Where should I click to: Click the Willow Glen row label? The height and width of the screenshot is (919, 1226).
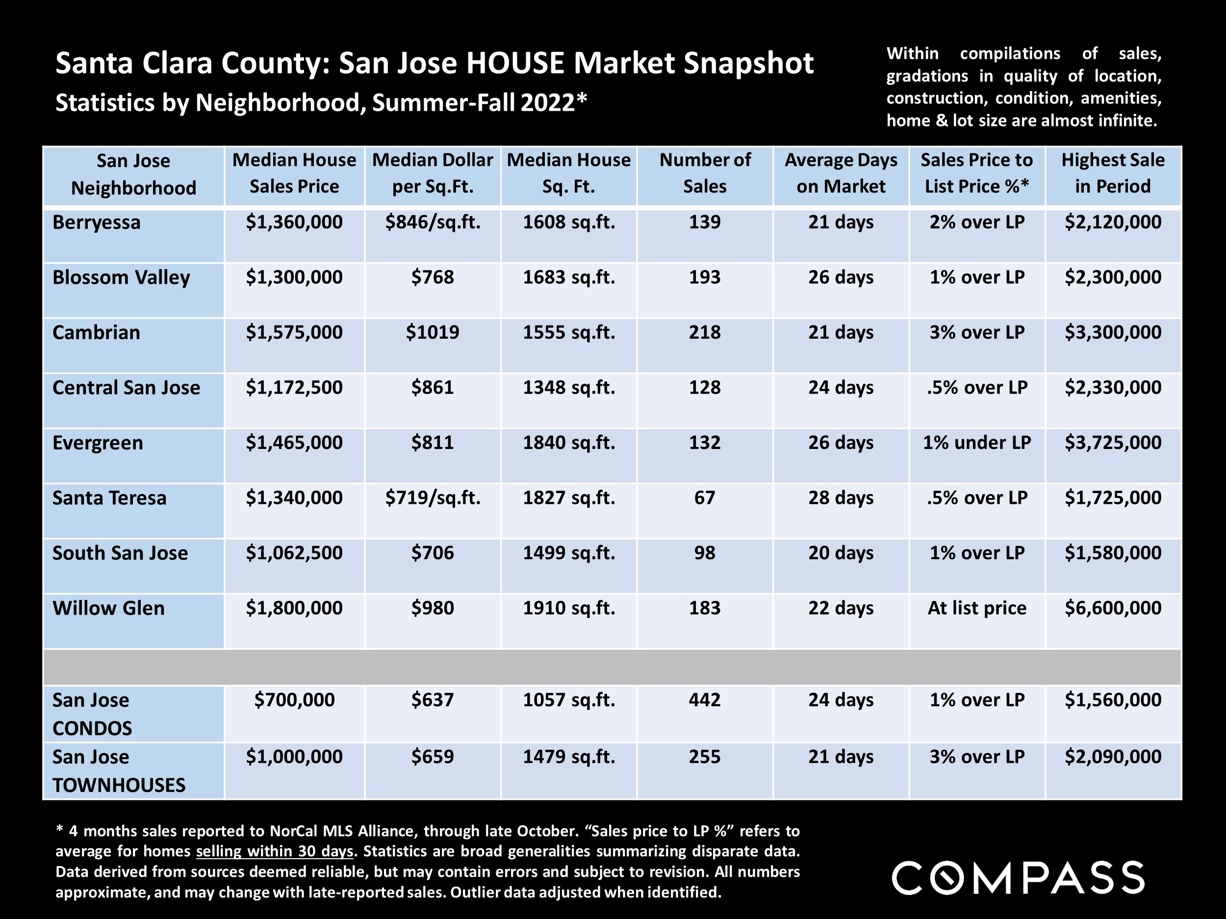tap(109, 608)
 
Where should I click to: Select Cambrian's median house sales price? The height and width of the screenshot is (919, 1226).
tap(294, 332)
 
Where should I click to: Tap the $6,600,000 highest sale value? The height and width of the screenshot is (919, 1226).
tap(1112, 608)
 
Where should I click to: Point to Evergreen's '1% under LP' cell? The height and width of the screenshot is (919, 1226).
tap(976, 443)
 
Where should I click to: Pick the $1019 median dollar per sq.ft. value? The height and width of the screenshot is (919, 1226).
tap(433, 332)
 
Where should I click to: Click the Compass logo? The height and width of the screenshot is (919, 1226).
tap(1018, 877)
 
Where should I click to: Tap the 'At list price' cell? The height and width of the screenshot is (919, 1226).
tap(976, 608)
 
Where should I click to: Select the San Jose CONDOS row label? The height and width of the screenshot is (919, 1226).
tap(92, 714)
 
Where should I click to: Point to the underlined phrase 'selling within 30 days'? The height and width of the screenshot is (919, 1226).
tap(275, 851)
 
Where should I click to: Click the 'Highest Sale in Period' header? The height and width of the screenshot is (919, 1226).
tap(1112, 173)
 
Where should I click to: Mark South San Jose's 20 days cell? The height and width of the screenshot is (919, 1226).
tap(841, 553)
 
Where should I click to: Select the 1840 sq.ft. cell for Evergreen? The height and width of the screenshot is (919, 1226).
tap(569, 443)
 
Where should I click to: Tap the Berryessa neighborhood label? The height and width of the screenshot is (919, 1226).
tap(97, 223)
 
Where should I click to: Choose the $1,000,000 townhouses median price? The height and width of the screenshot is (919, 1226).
tap(294, 757)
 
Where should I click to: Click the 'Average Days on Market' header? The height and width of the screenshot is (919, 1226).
tap(841, 173)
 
